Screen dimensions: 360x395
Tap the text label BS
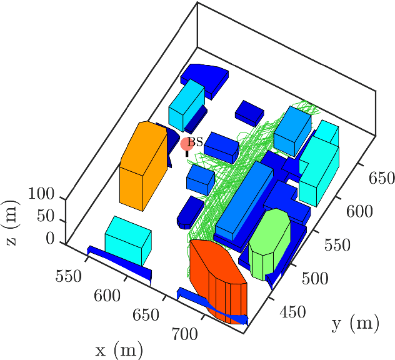pos(196,142)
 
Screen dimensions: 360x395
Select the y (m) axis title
pos(356,323)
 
